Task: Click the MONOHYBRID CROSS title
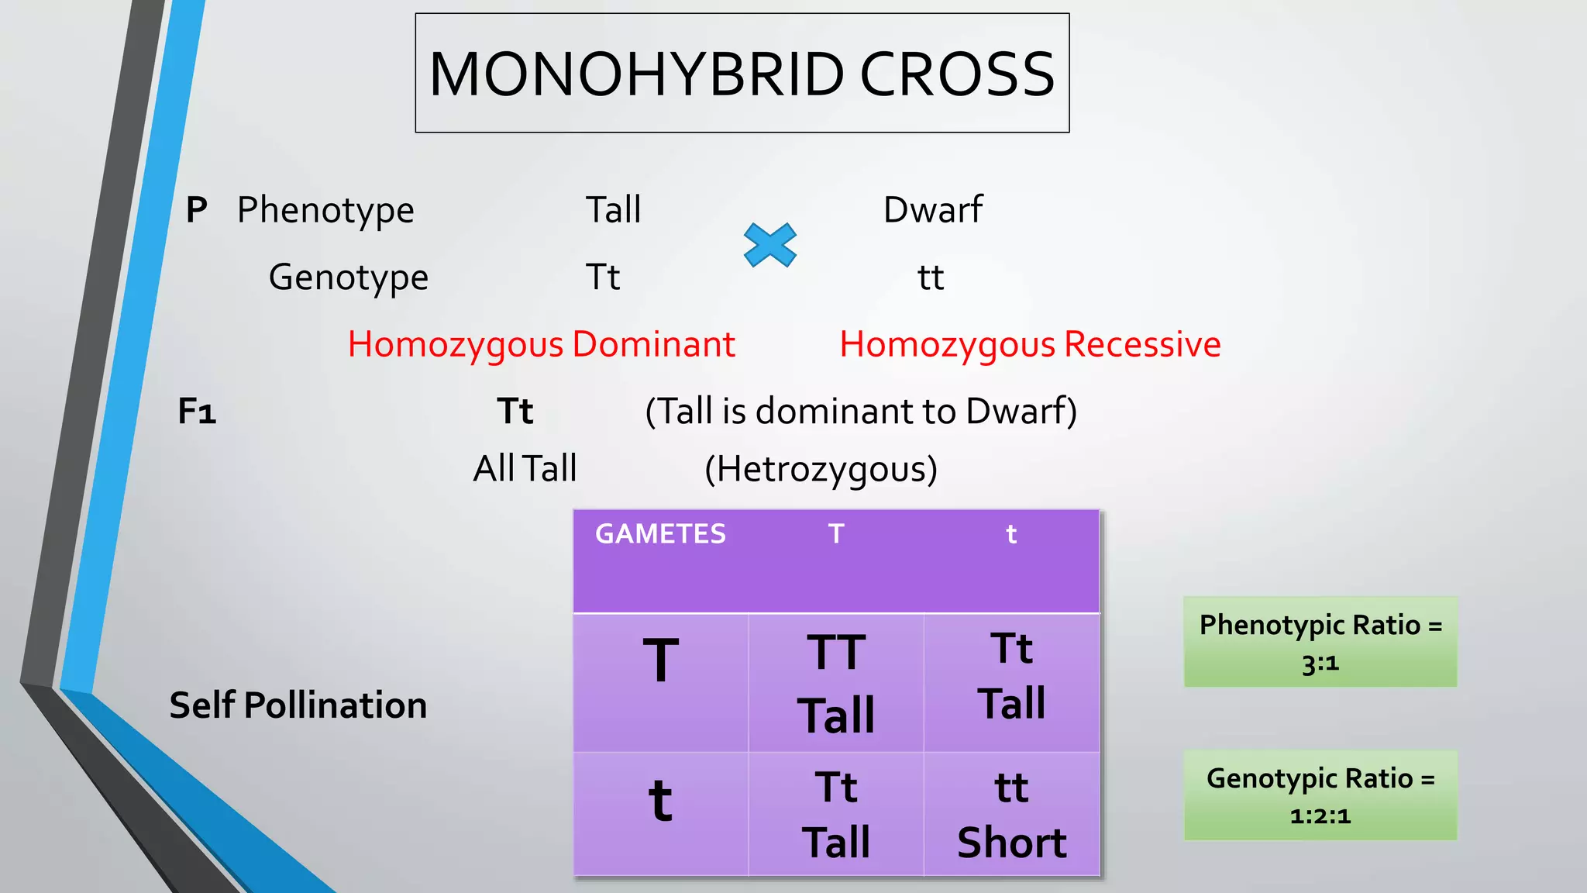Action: (x=742, y=74)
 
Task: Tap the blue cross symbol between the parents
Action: (x=769, y=245)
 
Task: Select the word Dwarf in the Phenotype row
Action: (x=933, y=210)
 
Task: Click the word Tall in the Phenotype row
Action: (x=613, y=210)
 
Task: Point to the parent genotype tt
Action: (x=931, y=278)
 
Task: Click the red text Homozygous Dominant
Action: (x=541, y=344)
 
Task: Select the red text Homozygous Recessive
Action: (x=1030, y=344)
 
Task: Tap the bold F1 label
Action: (x=197, y=412)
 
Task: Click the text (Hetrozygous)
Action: (x=821, y=469)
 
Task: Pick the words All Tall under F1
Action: (x=525, y=469)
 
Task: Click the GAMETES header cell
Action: (x=660, y=534)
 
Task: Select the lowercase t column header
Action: (x=1010, y=534)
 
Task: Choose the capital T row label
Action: (x=660, y=661)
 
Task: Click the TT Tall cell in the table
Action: (x=836, y=682)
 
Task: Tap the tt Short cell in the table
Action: (x=1011, y=814)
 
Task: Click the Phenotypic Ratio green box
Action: (x=1320, y=642)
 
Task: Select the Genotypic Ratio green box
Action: (x=1320, y=795)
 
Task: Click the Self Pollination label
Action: (x=298, y=705)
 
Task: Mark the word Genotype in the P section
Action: (x=349, y=278)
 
